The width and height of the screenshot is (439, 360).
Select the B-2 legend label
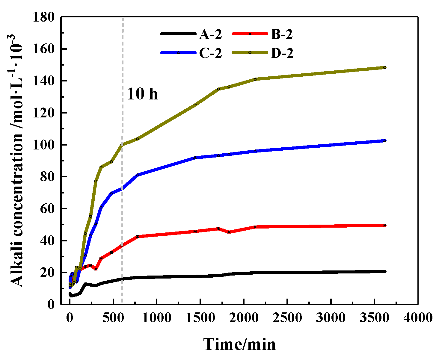click(x=282, y=35)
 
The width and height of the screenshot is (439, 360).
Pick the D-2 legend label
click(x=282, y=53)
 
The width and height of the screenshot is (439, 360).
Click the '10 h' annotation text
click(x=142, y=94)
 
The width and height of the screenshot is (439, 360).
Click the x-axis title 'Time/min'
click(x=240, y=344)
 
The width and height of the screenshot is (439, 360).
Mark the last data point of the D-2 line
click(x=385, y=67)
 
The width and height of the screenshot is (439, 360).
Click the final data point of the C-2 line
click(x=385, y=140)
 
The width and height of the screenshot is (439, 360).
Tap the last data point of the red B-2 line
click(x=385, y=225)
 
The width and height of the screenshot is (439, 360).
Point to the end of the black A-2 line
click(x=385, y=271)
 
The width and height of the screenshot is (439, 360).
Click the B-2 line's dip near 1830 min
click(x=229, y=232)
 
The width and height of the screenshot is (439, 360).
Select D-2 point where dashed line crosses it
click(x=122, y=145)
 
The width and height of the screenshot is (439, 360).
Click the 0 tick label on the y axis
click(x=51, y=305)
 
